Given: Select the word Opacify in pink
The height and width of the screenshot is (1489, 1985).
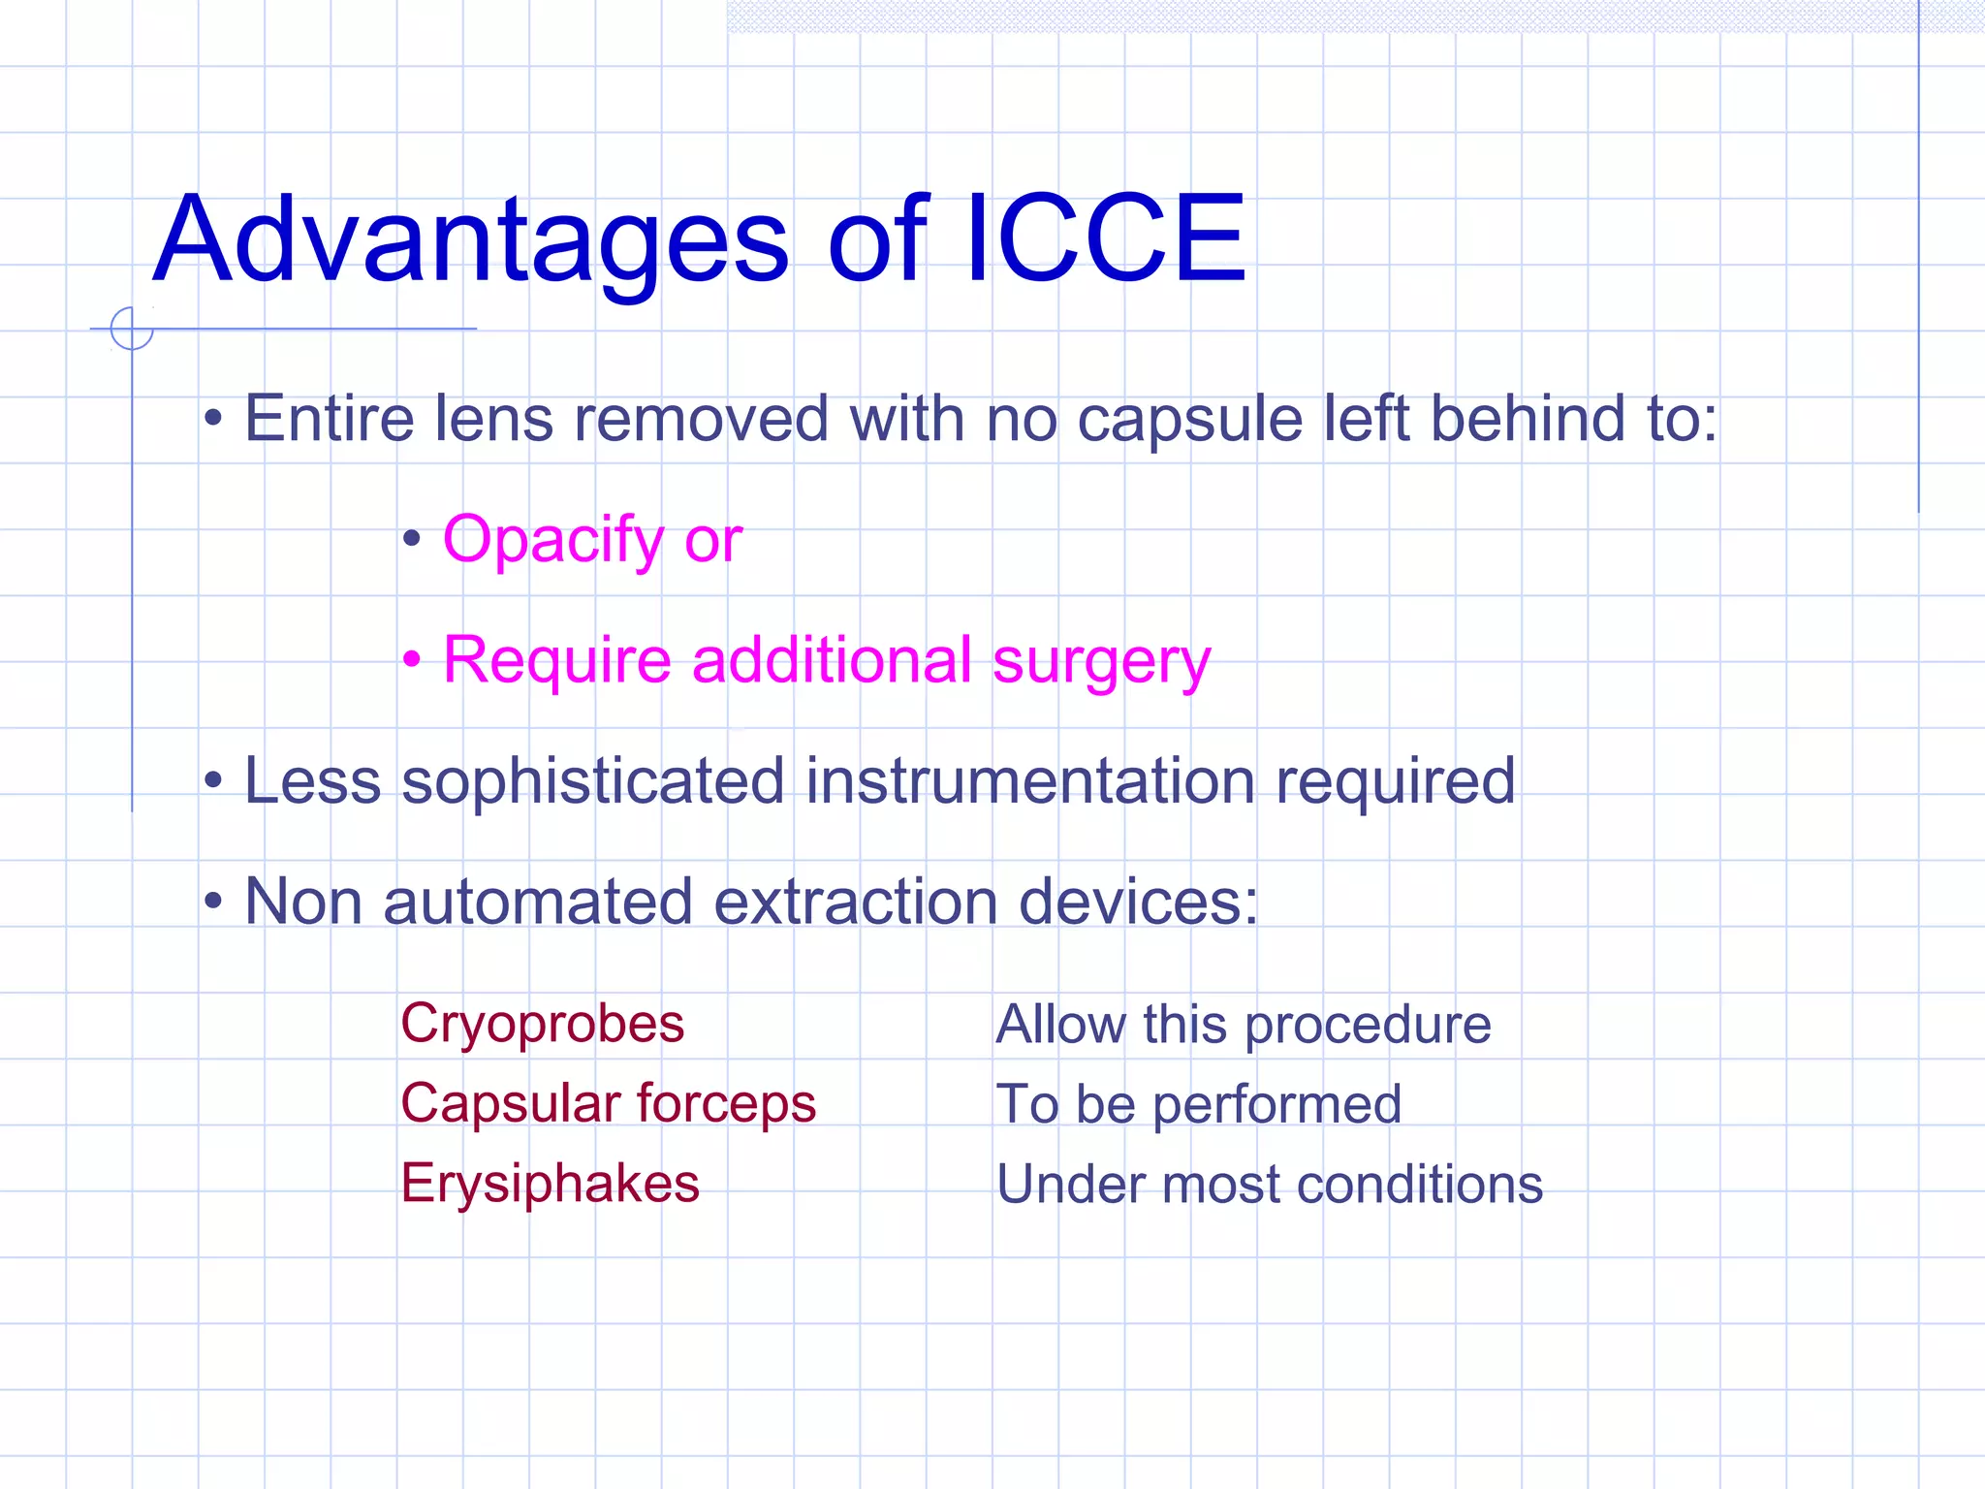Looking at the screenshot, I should [552, 540].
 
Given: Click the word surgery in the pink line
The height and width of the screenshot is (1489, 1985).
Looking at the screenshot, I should [1101, 661].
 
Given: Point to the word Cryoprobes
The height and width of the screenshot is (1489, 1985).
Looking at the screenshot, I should [542, 1024].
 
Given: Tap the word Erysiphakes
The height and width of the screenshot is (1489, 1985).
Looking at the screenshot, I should [550, 1184].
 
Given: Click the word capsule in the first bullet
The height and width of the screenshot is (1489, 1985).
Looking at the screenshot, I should [1189, 420].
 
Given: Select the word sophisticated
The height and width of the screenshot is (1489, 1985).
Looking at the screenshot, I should [592, 781].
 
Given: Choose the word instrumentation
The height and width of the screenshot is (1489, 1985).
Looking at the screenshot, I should [1029, 781].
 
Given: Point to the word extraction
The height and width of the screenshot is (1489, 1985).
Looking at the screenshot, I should [856, 902].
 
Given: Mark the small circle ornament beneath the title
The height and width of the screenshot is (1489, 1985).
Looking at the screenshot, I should [132, 328].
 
